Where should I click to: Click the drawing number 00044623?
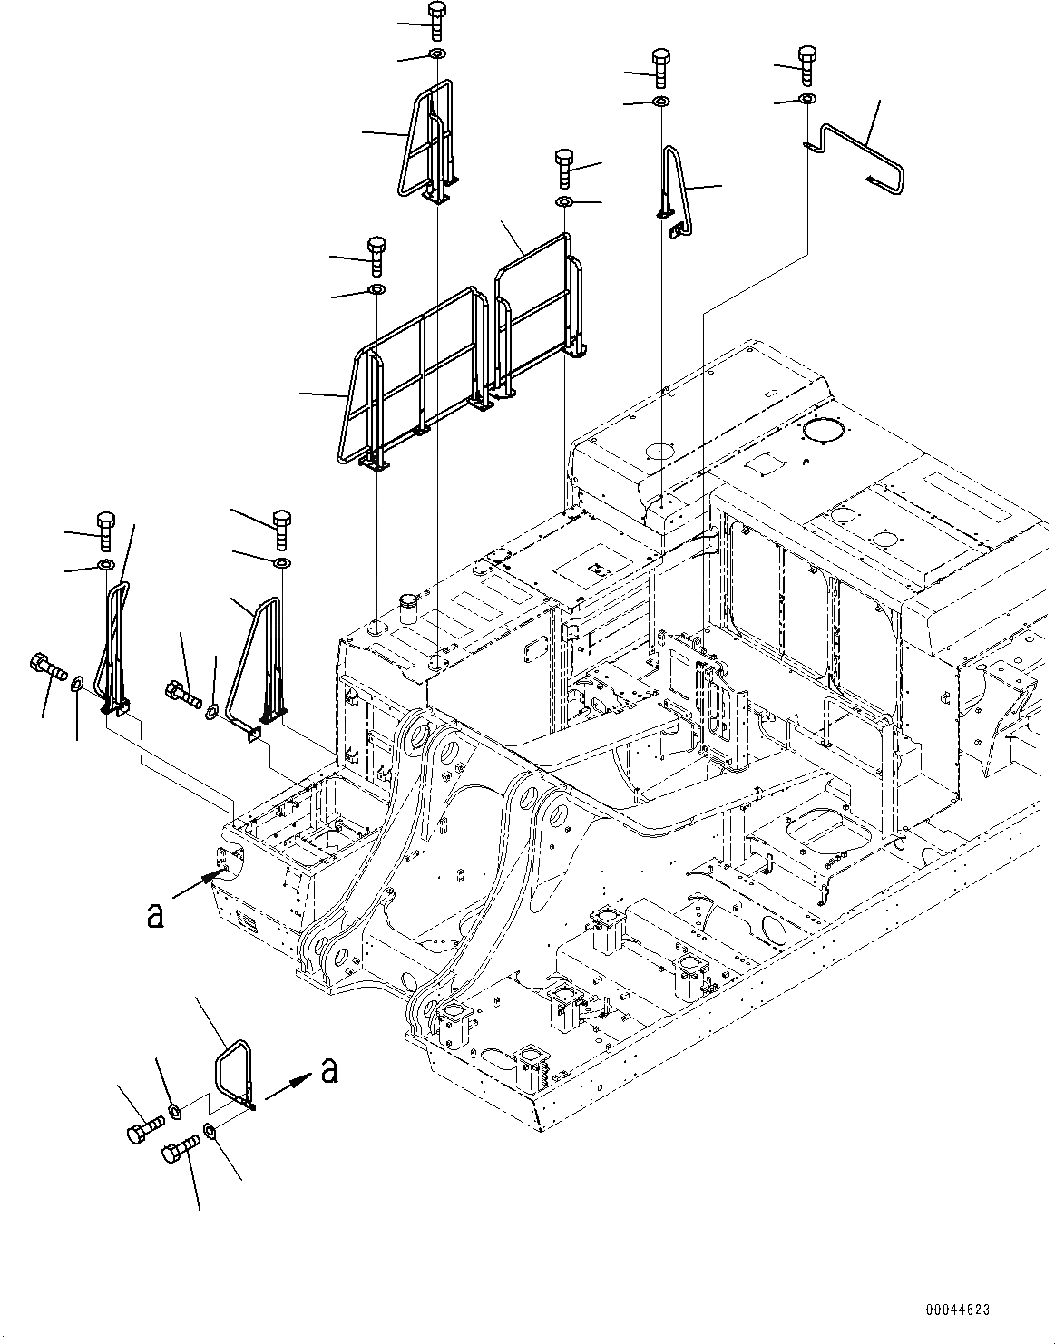pyautogui.click(x=957, y=1310)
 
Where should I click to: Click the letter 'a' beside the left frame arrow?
pyautogui.click(x=155, y=916)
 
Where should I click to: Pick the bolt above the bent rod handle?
pyautogui.click(x=806, y=61)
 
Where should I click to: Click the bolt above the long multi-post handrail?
pyautogui.click(x=376, y=255)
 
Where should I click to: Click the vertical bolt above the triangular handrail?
pyautogui.click(x=280, y=530)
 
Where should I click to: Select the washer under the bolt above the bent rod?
pyautogui.click(x=806, y=98)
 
